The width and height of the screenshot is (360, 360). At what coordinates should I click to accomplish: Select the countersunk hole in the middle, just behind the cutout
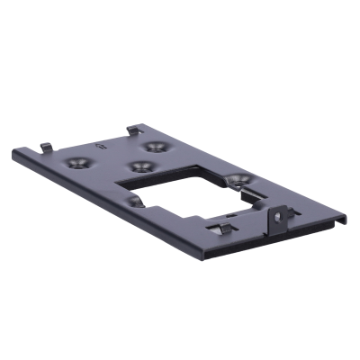pyautogui.click(x=139, y=166)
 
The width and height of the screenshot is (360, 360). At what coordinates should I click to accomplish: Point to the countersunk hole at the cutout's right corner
pyautogui.click(x=238, y=181)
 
